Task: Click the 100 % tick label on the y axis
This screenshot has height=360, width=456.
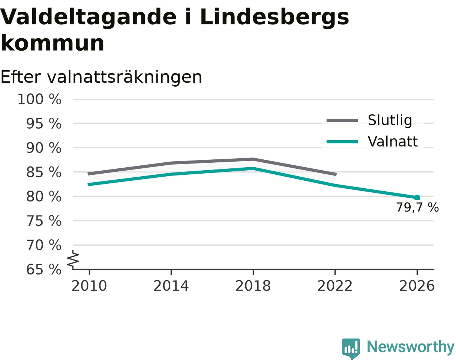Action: pos(39,99)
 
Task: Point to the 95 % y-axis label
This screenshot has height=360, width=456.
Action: pos(44,124)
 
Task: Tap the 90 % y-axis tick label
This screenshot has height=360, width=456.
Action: pos(44,148)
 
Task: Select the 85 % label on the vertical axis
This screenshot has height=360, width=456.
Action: pos(44,172)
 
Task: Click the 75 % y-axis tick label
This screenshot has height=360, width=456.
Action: pos(44,221)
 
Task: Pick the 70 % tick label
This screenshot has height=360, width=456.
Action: pos(44,245)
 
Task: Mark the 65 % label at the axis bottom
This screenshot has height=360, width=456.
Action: pos(44,270)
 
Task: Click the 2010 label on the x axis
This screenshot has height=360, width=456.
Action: pos(89,286)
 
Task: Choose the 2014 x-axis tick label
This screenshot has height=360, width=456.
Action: pos(171,286)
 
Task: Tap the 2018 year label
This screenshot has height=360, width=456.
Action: pos(253,286)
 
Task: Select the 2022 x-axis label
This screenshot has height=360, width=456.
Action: pos(335,286)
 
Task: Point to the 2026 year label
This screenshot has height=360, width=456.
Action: pos(417,286)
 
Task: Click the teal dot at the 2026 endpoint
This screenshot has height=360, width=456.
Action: pos(417,198)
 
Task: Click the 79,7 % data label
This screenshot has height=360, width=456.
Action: pos(417,207)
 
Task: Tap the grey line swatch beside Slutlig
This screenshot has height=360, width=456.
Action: pos(342,121)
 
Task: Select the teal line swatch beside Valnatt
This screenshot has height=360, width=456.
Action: pos(342,142)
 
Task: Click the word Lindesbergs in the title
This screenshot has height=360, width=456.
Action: pos(274,17)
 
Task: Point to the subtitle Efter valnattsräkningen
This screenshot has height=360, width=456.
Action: pos(101,77)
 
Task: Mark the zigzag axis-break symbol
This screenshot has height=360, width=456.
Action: pos(73,258)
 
